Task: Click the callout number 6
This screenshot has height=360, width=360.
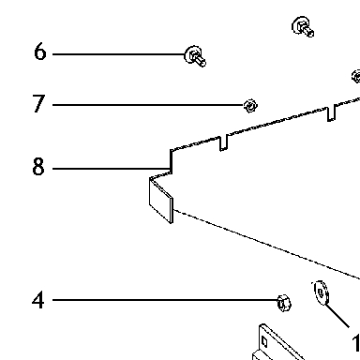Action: coord(40,52)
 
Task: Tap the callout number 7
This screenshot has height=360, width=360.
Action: coord(38,103)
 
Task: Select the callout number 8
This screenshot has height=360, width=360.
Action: coord(38,167)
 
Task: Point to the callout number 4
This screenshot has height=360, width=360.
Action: coord(38,300)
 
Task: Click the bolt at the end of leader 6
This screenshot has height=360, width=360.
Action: coord(195,56)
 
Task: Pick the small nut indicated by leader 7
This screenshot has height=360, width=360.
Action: coord(250,106)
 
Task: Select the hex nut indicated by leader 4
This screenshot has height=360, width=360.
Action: coord(284,303)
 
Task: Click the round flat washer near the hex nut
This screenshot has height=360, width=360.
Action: coord(321,292)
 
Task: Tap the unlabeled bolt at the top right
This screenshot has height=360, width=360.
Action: coord(303,27)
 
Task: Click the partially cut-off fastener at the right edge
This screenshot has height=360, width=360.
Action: coord(356,77)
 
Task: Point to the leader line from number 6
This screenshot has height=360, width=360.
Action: coord(119,54)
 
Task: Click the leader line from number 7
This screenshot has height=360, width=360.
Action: coord(148,105)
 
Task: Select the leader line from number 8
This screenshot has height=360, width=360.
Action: coord(112,169)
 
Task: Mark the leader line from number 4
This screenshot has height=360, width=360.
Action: coord(165,300)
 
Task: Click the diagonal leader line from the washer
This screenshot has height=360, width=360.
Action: coord(337,315)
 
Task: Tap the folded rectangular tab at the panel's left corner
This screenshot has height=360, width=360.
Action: coord(161,201)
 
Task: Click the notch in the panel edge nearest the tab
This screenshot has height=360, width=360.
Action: coord(224,143)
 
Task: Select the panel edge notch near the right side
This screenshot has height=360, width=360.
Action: coord(331,113)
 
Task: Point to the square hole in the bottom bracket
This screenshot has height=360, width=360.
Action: coord(264,341)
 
